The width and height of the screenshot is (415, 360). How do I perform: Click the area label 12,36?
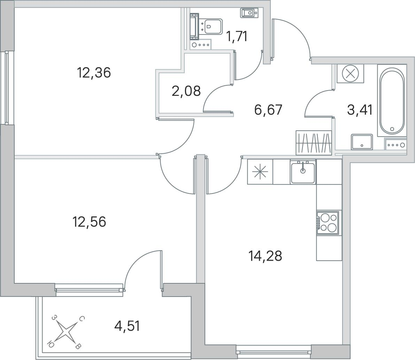click(94, 73)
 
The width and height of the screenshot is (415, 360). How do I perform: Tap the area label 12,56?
click(89, 222)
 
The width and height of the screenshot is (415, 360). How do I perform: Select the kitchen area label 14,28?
click(265, 256)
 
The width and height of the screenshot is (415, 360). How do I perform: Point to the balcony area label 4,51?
click(127, 326)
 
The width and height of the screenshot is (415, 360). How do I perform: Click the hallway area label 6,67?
click(268, 110)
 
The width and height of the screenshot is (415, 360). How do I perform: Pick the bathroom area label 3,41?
click(360, 110)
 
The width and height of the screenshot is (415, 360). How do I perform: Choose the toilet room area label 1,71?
click(237, 37)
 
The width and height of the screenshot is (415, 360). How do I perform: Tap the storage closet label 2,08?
click(186, 91)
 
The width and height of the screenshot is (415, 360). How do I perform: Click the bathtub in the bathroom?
click(392, 101)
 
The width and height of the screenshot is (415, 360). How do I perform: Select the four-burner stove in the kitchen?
click(328, 222)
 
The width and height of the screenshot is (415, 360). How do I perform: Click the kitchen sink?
click(303, 172)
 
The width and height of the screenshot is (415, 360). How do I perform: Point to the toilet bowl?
click(210, 26)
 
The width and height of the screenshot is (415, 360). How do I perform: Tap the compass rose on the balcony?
click(66, 332)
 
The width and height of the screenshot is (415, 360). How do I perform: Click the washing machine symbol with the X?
click(350, 73)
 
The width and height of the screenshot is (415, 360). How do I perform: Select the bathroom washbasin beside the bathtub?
click(362, 142)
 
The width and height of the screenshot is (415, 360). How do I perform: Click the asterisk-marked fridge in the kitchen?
click(260, 171)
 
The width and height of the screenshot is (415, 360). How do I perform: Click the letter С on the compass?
click(82, 319)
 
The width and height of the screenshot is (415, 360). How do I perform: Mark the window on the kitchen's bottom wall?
click(274, 352)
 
